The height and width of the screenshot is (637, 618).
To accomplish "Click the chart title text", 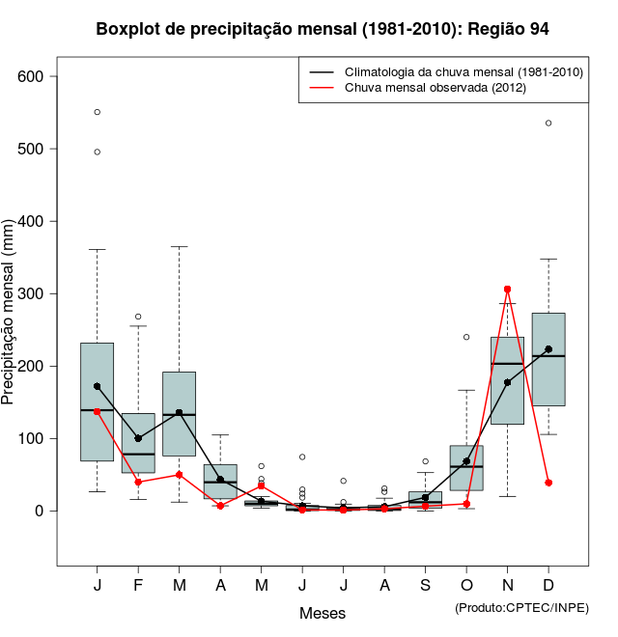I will coord(323,29).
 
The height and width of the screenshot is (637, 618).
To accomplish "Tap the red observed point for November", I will coord(508,290).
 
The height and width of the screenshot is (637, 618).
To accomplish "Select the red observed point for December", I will coord(548,483).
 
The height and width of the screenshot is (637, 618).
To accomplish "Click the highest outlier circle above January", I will coord(98,112).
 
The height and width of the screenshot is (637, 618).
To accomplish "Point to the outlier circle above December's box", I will coord(548,123).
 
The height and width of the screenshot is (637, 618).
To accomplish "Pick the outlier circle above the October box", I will coord(466,337).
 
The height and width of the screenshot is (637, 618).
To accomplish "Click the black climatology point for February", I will coord(138,438).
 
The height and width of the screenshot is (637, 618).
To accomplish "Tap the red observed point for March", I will coord(180,475).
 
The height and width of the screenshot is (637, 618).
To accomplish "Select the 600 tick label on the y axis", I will coord(39,76).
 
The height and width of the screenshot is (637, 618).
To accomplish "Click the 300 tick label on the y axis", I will coord(39,293).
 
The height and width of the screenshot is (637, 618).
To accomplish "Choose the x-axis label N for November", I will coord(508,586).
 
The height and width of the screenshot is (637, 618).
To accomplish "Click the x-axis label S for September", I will coord(426,586).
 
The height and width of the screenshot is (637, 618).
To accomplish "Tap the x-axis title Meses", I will coord(323,613).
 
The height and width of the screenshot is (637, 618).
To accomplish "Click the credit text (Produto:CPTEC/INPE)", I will coord(521,607).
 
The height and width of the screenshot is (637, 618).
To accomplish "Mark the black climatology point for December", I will coord(548,349).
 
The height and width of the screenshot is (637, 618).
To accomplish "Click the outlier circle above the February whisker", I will coord(138,317).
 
